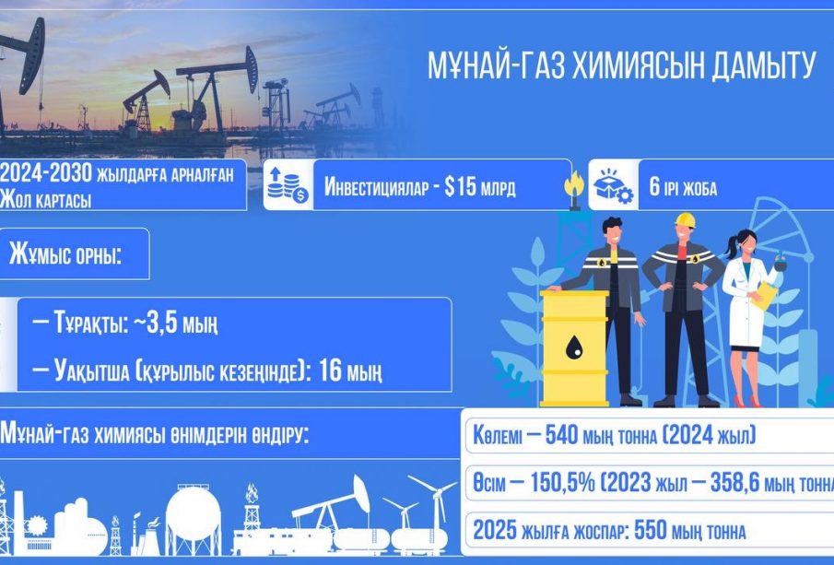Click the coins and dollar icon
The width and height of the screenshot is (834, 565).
pyautogui.click(x=288, y=184)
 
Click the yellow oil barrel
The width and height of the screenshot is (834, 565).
pyautogui.click(x=574, y=348)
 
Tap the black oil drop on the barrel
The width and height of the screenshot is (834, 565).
pyautogui.click(x=574, y=348)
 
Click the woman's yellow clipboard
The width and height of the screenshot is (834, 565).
pyautogui.click(x=767, y=295)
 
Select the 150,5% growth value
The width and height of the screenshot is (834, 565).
pyautogui.click(x=557, y=483)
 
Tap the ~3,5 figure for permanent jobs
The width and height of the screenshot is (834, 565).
pyautogui.click(x=153, y=324)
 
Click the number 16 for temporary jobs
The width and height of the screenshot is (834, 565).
pyautogui.click(x=330, y=371)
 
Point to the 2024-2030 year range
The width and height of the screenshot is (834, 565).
pyautogui.click(x=46, y=173)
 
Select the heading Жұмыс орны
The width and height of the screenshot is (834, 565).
pyautogui.click(x=65, y=255)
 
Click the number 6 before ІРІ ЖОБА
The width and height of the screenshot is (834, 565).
pyautogui.click(x=653, y=188)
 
